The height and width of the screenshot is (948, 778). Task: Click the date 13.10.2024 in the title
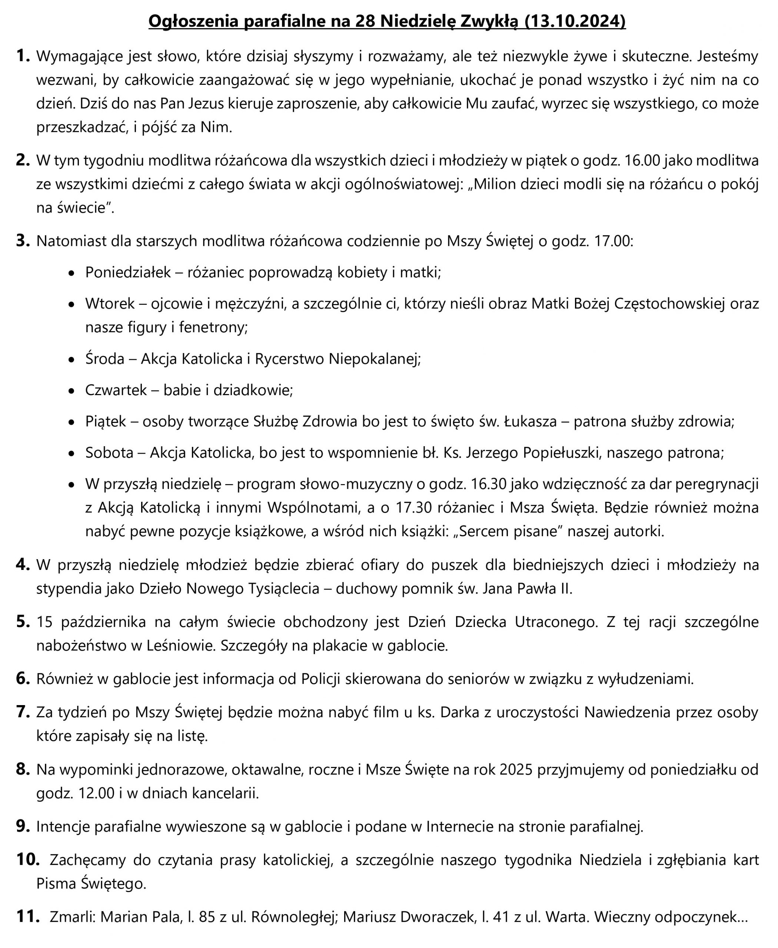574,21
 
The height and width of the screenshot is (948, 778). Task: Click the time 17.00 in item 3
612,241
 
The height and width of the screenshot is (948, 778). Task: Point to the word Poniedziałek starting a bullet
128,273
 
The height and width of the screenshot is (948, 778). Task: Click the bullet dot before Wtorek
71,304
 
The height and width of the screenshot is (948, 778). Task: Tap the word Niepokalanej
375,359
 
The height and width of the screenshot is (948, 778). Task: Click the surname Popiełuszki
562,453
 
